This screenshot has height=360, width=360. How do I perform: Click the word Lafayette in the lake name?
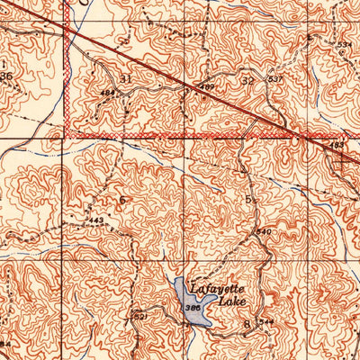[x=236, y=290]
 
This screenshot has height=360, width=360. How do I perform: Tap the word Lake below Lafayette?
[x=237, y=303]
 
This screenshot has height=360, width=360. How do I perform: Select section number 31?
[x=125, y=79]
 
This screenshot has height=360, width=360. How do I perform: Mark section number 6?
[x=121, y=199]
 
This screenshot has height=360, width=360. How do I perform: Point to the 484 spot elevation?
[x=107, y=92]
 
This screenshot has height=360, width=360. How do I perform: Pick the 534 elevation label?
[x=345, y=43]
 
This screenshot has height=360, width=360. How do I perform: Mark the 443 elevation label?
[x=96, y=220]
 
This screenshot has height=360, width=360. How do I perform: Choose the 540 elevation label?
[x=264, y=232]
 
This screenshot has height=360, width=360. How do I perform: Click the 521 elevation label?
[x=139, y=316]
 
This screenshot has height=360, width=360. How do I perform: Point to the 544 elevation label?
[x=266, y=322]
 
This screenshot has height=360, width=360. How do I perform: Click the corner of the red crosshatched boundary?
[x=68, y=137]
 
